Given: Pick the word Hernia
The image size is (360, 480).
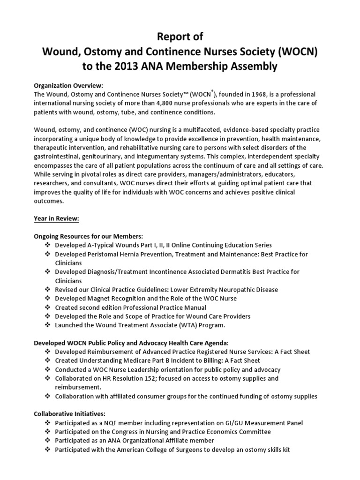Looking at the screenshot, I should pyautogui.click(x=138, y=255).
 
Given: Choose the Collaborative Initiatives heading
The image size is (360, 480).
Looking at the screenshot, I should pyautogui.click(x=69, y=414).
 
